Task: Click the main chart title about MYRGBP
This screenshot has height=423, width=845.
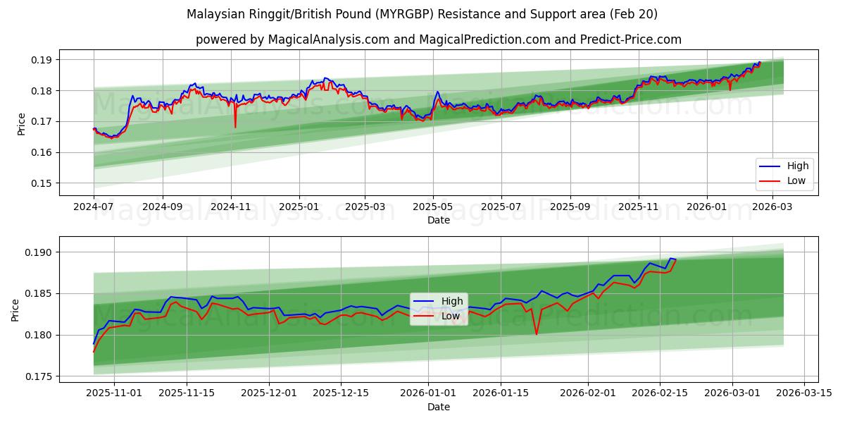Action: click(x=422, y=14)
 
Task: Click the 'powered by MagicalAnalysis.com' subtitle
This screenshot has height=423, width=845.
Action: click(x=438, y=39)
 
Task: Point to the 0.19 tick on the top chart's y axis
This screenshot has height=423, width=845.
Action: click(x=42, y=60)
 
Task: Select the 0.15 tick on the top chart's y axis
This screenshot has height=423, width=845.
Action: click(x=42, y=183)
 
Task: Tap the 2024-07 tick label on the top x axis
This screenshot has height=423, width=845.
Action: click(x=94, y=207)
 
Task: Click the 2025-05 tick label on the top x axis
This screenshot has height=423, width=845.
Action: click(x=432, y=207)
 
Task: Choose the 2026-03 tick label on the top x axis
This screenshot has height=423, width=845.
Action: click(x=773, y=207)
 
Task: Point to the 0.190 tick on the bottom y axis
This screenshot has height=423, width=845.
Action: click(x=39, y=252)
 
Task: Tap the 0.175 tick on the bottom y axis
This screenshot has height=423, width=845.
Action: click(x=39, y=376)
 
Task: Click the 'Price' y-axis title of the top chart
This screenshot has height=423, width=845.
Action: click(x=21, y=123)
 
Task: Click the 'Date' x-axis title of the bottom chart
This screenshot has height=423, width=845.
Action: click(x=438, y=407)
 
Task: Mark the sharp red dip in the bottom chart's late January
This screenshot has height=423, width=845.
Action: click(x=537, y=333)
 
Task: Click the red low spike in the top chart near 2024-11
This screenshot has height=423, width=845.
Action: click(x=235, y=127)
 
